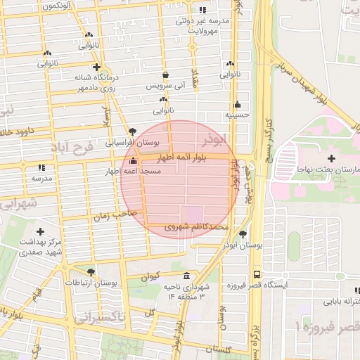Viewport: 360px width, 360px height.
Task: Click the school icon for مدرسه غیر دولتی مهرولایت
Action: [203, 10]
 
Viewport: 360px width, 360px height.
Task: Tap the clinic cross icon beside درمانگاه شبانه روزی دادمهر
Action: [96, 67]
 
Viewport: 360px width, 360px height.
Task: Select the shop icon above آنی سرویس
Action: [165, 75]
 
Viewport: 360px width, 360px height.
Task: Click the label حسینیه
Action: [237, 114]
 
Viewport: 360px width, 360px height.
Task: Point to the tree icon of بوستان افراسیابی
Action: [132, 131]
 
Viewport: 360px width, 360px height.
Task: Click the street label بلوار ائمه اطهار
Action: [182, 160]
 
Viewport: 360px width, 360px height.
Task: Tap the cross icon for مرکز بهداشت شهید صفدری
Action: [40, 231]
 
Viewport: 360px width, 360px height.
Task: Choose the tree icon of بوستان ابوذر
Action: [243, 235]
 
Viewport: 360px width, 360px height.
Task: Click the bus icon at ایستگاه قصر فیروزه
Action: [256, 274]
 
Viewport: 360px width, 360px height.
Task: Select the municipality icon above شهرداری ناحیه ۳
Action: [186, 276]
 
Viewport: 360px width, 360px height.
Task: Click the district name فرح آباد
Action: [72, 149]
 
